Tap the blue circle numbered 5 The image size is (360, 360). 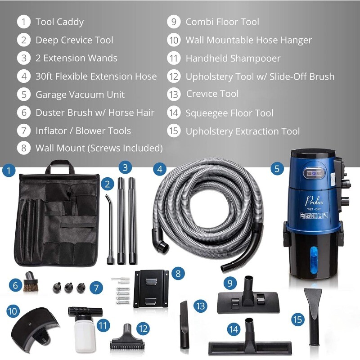[x=277, y=169]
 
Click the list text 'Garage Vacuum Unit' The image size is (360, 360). [x=80, y=94]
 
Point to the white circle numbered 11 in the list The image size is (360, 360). [x=174, y=58]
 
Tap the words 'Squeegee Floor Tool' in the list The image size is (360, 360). [x=229, y=113]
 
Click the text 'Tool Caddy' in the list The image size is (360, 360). [x=59, y=22]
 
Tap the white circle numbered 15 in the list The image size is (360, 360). [x=174, y=131]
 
